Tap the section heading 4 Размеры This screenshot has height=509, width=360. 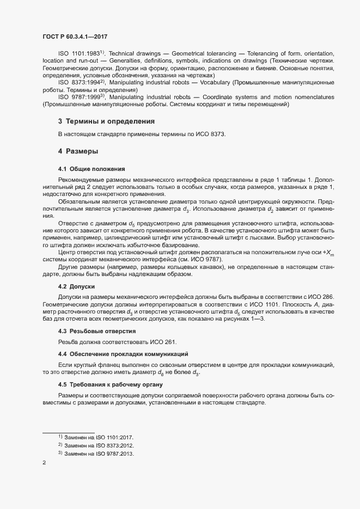78,150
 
